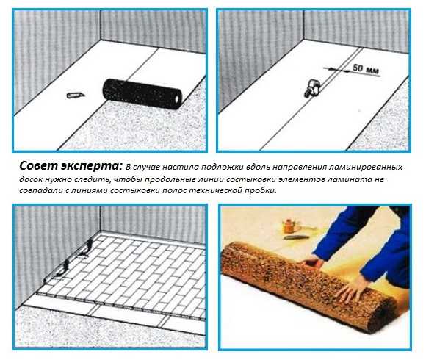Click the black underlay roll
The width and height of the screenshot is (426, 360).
point(142,94)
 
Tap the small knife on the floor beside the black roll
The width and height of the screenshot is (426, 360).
point(76,95)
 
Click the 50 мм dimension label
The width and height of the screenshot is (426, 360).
point(366,69)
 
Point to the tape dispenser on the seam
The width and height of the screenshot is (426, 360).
point(312,88)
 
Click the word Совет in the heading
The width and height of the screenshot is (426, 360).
point(38,166)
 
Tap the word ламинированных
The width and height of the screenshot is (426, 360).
point(366,167)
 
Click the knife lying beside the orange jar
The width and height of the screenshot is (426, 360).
point(296,237)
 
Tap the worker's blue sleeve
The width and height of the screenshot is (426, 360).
point(347,233)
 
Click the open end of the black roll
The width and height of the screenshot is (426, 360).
point(178,99)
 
